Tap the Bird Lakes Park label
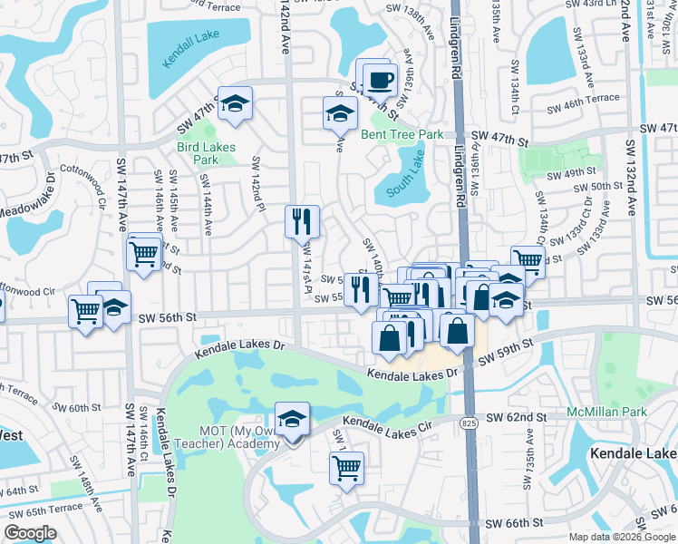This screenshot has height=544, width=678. pyautogui.click(x=206, y=153)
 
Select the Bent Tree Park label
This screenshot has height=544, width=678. pyautogui.click(x=402, y=135)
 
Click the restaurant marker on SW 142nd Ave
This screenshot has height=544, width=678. pyautogui.click(x=302, y=221)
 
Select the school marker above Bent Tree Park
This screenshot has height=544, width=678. pyautogui.click(x=340, y=114)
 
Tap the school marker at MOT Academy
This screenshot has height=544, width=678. pyautogui.click(x=293, y=419)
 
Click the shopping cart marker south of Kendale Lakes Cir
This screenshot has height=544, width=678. pyautogui.click(x=346, y=468)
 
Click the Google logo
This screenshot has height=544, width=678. pyautogui.click(x=30, y=533)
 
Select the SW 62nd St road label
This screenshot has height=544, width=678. pyautogui.click(x=516, y=417)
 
